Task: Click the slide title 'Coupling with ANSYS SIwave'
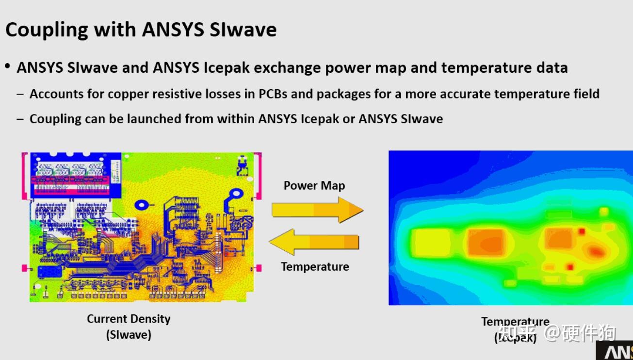tap(141, 30)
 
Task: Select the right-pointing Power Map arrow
tap(317, 210)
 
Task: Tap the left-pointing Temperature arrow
tap(314, 242)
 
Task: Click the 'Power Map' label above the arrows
tap(314, 185)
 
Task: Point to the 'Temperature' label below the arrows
tap(315, 266)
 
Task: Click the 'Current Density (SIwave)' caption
tap(129, 327)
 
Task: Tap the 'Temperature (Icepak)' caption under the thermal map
tap(515, 329)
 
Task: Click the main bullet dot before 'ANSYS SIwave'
tap(8, 66)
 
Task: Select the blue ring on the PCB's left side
tap(141, 205)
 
